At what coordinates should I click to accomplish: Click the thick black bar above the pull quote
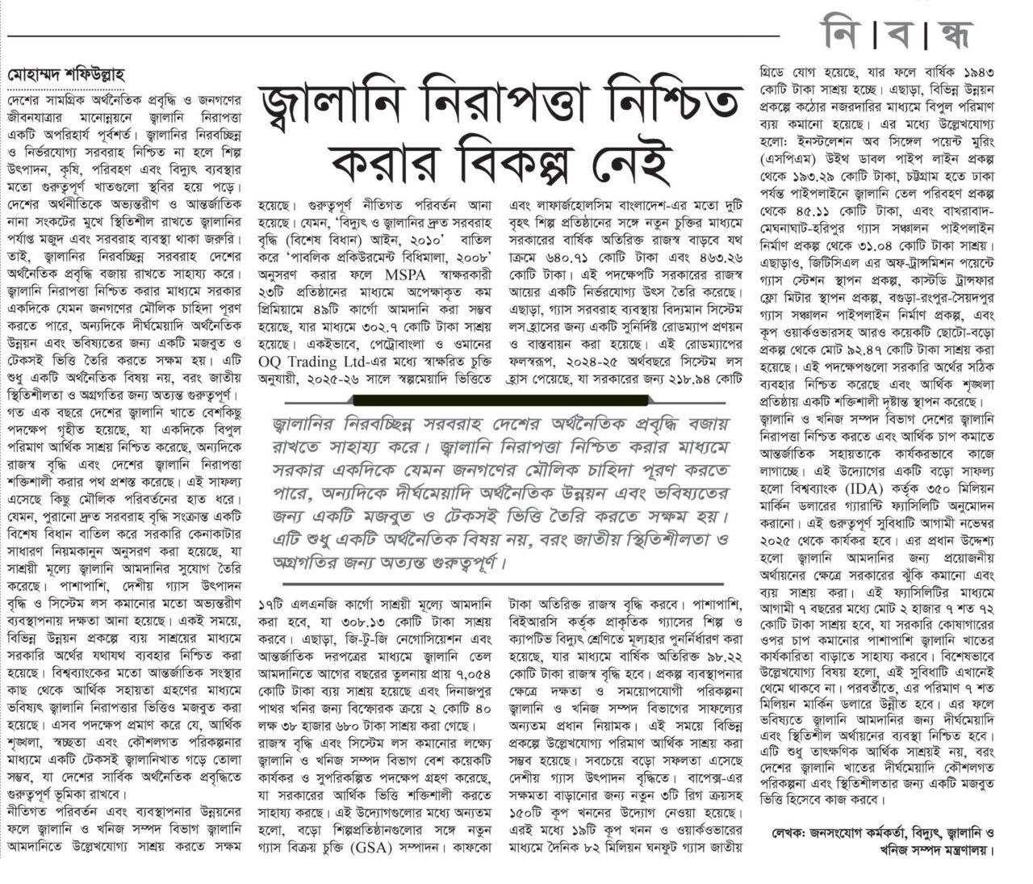click(500, 399)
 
